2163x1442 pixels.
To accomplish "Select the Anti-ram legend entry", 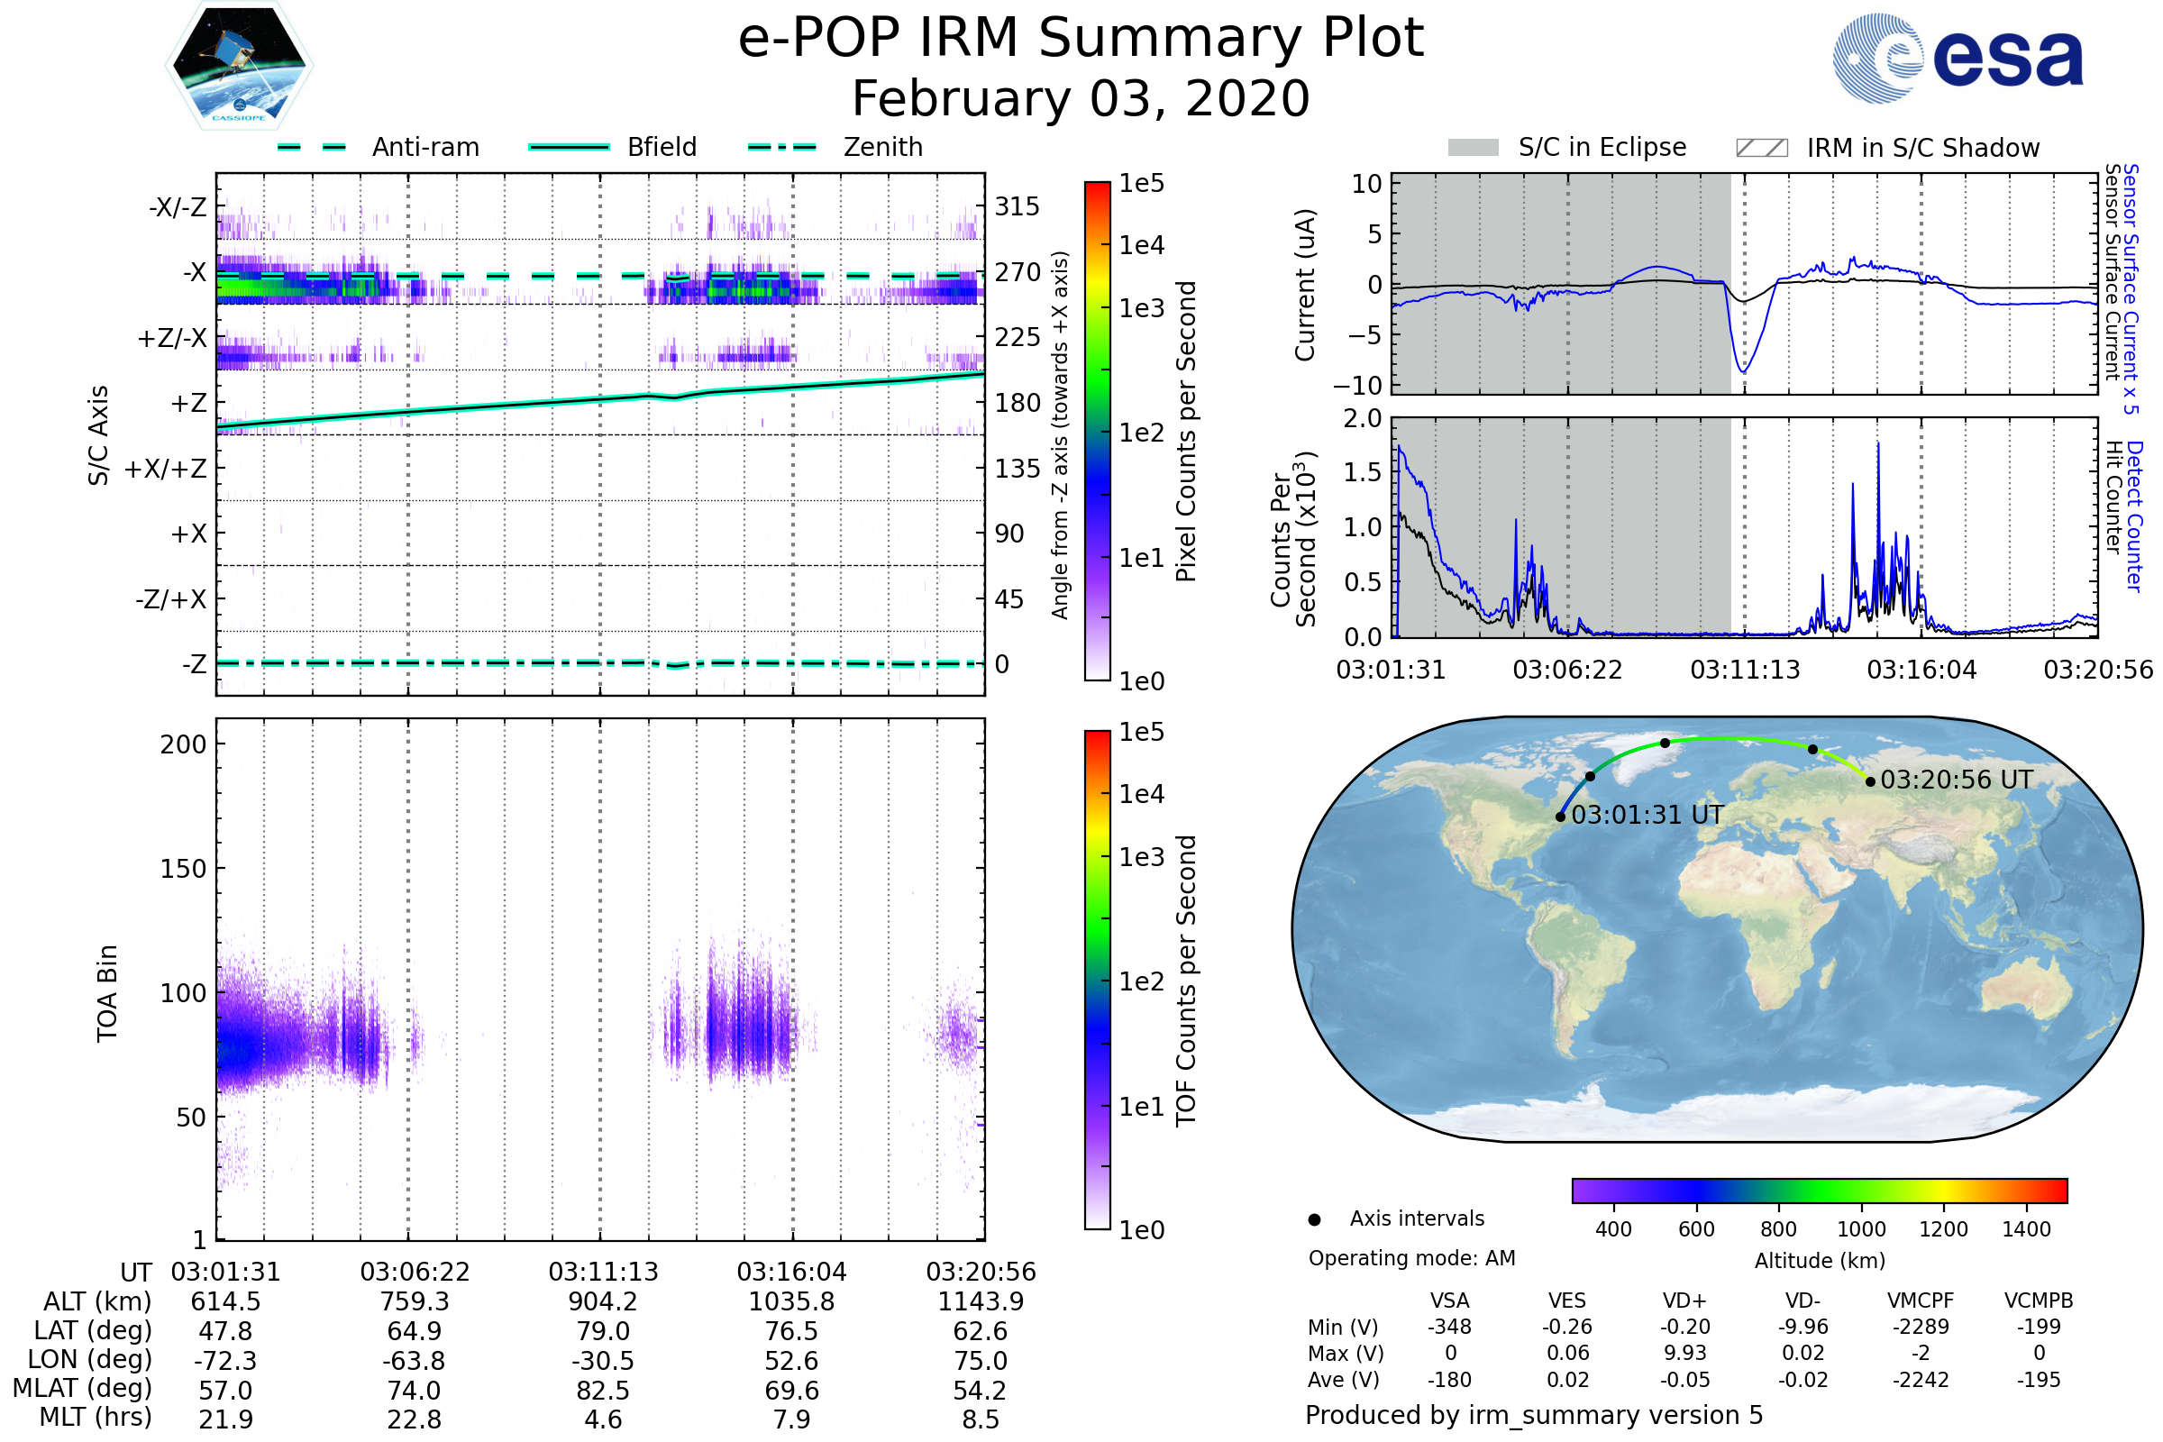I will tap(424, 147).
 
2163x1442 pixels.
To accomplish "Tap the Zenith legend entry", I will tap(882, 147).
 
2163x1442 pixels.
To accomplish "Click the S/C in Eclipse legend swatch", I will tap(1473, 148).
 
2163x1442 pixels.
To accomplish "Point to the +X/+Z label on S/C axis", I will tap(166, 469).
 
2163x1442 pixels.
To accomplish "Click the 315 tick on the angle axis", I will tap(1017, 206).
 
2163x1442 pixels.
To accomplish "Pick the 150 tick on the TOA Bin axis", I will tap(183, 869).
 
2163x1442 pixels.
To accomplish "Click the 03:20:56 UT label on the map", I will tap(1956, 780).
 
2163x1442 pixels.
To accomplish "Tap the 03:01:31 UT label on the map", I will tap(1647, 815).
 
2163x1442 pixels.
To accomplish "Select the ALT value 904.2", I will tap(602, 1302).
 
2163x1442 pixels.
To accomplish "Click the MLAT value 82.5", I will tap(602, 1391).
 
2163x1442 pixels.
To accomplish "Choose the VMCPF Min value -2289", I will tap(1921, 1327).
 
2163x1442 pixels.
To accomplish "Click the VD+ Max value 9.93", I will tap(1684, 1353).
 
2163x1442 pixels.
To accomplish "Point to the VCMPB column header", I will tap(2038, 1301).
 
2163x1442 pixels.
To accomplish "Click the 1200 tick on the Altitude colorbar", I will tap(1942, 1229).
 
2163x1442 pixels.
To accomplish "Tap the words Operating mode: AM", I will tap(1411, 1258).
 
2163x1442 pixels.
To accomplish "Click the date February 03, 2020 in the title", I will tap(1081, 98).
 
